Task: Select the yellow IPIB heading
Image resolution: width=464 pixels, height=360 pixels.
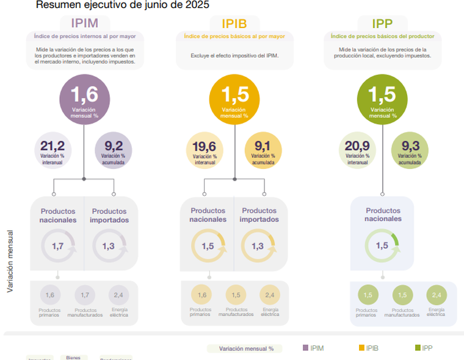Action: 235,23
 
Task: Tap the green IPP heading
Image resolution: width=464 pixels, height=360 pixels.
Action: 382,23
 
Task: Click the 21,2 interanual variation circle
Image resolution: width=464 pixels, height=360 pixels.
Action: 53,149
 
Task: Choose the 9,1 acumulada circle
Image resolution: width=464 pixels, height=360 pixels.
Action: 263,149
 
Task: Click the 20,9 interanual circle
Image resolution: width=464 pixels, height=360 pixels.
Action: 356,149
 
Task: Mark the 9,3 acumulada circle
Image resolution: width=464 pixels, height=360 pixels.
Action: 410,149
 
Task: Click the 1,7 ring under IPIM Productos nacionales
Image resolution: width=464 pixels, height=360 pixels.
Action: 58,247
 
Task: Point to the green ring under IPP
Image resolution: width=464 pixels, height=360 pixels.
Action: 382,247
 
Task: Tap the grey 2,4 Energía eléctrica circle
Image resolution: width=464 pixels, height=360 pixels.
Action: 118,295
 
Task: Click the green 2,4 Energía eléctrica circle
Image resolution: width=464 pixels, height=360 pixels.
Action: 436,295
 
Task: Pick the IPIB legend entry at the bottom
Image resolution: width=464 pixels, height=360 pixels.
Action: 368,348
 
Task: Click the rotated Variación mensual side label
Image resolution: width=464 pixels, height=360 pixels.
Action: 10,261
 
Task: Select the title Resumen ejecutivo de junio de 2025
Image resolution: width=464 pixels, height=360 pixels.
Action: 122,5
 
